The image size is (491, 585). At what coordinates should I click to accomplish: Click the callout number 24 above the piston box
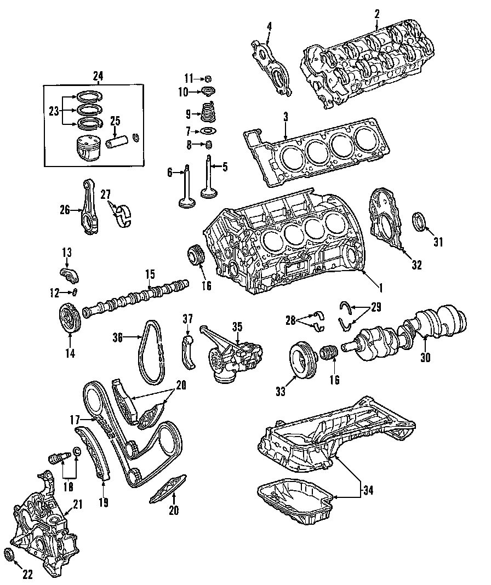pyautogui.click(x=98, y=76)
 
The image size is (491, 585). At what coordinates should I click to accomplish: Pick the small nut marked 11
pyautogui.click(x=209, y=77)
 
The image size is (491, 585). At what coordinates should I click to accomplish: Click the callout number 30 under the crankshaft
pyautogui.click(x=426, y=358)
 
